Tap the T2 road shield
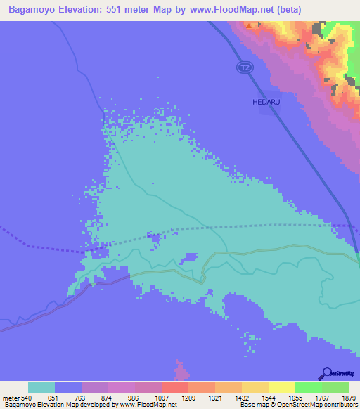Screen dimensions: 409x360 (x=243, y=67)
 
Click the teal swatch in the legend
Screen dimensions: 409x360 (x=41, y=387)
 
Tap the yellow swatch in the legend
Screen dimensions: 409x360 (x=281, y=387)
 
